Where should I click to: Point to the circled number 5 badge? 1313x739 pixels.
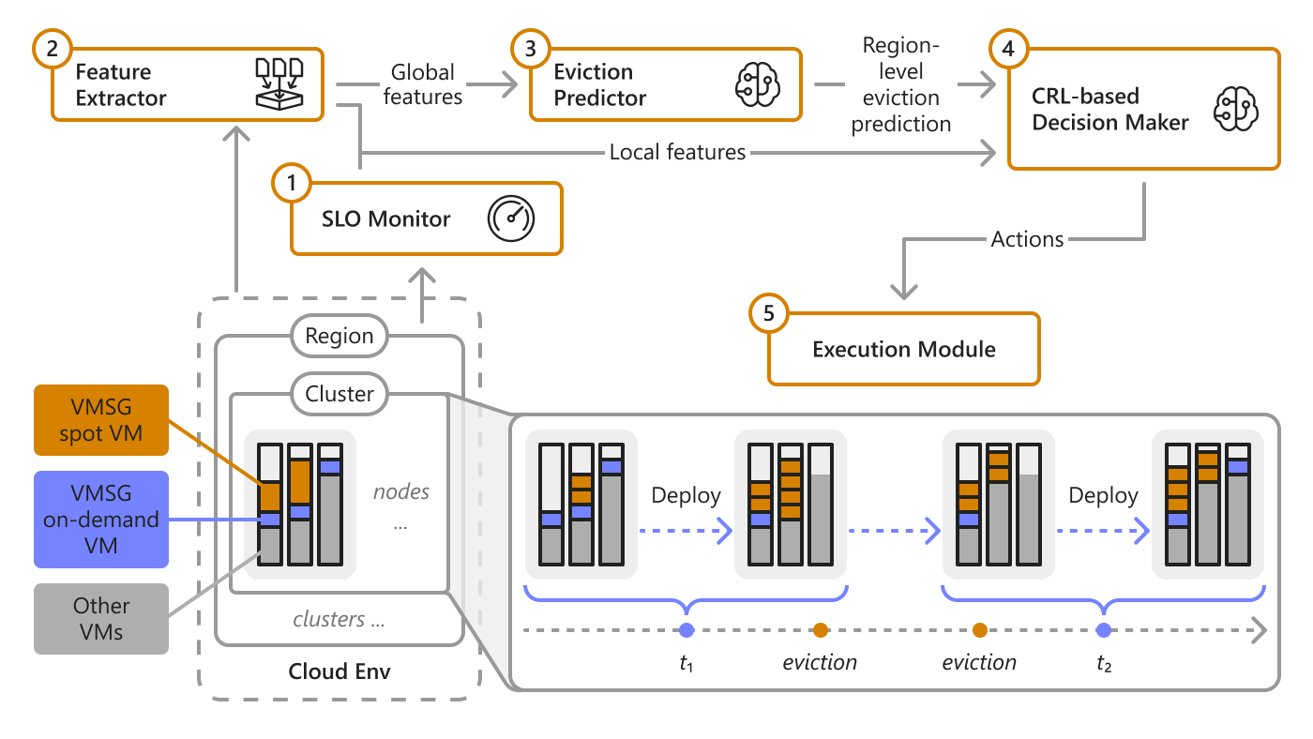(x=769, y=315)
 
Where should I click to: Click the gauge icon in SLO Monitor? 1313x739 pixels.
(x=510, y=219)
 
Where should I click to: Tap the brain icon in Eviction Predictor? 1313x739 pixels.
(x=756, y=84)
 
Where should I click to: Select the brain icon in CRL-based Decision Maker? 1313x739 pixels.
(x=1234, y=110)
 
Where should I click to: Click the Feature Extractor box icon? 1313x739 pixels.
(x=280, y=83)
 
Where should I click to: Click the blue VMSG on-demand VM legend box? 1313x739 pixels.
(x=101, y=519)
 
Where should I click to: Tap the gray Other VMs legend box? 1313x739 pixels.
(x=101, y=618)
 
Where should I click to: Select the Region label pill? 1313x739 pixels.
(x=340, y=336)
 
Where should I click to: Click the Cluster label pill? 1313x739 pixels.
(x=340, y=394)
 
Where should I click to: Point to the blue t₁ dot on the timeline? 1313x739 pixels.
(x=687, y=630)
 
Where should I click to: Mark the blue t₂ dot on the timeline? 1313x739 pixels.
(x=1104, y=630)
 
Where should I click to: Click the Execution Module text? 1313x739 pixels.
(x=903, y=350)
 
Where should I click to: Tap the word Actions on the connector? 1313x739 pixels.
(x=1027, y=239)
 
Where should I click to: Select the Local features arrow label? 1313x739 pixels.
(x=677, y=152)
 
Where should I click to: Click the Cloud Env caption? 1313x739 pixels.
(x=340, y=671)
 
